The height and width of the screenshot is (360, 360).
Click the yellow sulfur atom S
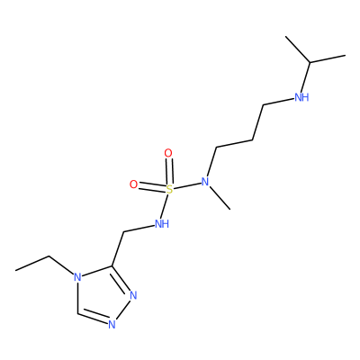[x=169, y=190]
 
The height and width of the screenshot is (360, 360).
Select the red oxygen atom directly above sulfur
[x=168, y=153]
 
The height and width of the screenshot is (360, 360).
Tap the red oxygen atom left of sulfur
[x=133, y=184]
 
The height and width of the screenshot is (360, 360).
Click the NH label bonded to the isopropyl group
[x=301, y=97]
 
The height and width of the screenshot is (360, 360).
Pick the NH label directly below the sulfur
[x=162, y=223]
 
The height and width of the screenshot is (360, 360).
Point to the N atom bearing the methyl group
[x=205, y=182]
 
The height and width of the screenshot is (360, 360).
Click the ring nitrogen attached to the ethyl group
[x=77, y=277]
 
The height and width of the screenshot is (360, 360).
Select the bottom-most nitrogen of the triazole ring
[x=112, y=325]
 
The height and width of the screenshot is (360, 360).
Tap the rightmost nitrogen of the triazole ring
[x=133, y=295]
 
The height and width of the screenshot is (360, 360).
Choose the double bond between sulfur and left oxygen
[x=152, y=187]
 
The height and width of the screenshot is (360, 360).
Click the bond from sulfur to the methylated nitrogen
[x=187, y=186]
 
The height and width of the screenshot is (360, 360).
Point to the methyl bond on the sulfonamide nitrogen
[x=220, y=198]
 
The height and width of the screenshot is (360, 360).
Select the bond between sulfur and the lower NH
[x=166, y=206]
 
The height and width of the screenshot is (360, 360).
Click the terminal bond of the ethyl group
[x=32, y=264]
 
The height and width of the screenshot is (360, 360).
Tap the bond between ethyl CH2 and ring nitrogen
[x=61, y=265]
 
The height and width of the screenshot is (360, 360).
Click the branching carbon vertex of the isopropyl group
[x=310, y=62]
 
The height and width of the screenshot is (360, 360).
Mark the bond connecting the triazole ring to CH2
[x=118, y=248]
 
